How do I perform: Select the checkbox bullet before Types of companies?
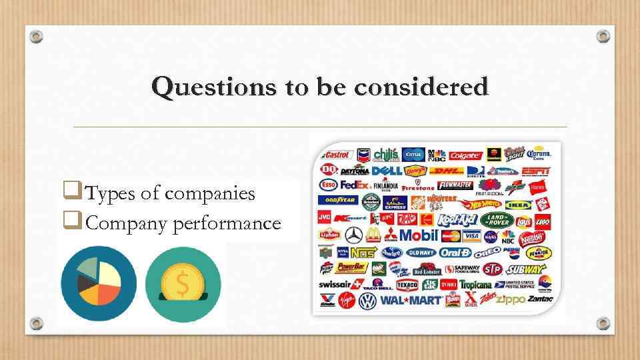pyautogui.click(x=66, y=193)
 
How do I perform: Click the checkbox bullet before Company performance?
pyautogui.click(x=66, y=222)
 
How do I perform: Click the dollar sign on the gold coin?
pyautogui.click(x=183, y=285)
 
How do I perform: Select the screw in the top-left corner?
pyautogui.click(x=37, y=36)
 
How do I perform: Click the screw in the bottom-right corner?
pyautogui.click(x=603, y=323)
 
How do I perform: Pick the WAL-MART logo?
pyautogui.click(x=411, y=300)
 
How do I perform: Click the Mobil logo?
pyautogui.click(x=419, y=235)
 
